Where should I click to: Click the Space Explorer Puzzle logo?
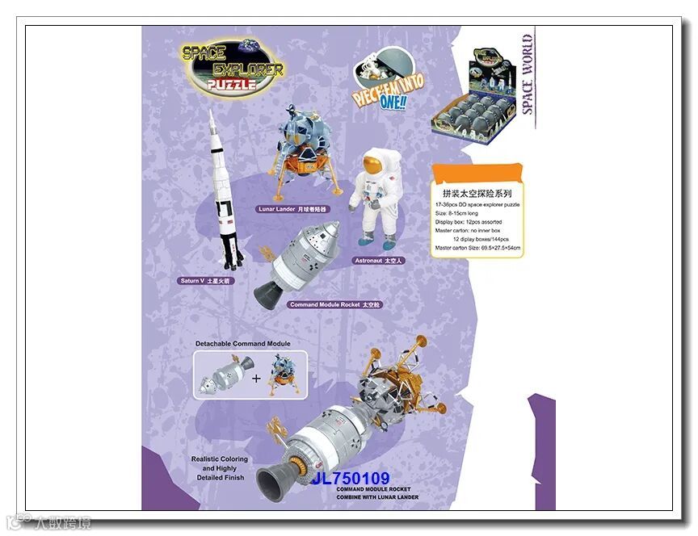(x=232, y=67)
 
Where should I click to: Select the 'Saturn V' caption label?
(x=205, y=281)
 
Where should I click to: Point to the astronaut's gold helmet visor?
(x=371, y=166)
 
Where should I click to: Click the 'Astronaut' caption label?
(x=378, y=261)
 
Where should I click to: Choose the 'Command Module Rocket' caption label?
(x=334, y=304)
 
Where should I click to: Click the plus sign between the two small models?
(x=256, y=377)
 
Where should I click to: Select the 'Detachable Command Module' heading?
(x=242, y=344)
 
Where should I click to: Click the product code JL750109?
(x=351, y=479)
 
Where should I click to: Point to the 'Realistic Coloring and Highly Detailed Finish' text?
(x=220, y=468)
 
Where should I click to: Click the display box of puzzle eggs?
(x=474, y=100)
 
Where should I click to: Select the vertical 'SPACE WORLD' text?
(x=527, y=74)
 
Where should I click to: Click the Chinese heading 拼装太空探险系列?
(x=477, y=194)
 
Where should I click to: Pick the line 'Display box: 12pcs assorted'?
(x=469, y=221)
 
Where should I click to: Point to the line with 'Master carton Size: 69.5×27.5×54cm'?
(x=477, y=248)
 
